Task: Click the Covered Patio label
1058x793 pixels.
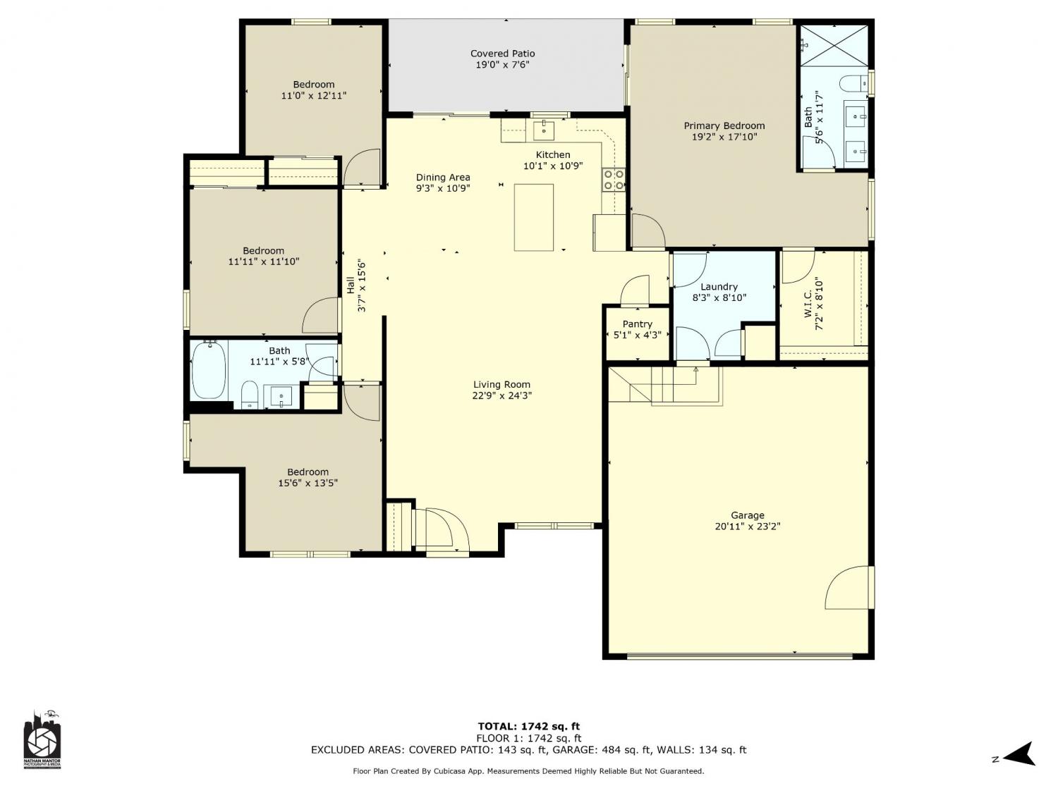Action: click(x=502, y=54)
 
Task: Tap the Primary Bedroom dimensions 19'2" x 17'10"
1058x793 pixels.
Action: click(x=724, y=137)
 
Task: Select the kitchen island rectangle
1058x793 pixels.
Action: click(x=533, y=217)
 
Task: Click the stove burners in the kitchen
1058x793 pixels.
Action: click(x=613, y=180)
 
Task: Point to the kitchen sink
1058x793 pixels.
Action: click(x=544, y=130)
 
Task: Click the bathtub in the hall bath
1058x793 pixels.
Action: click(x=209, y=370)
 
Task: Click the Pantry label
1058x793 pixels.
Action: click(x=637, y=324)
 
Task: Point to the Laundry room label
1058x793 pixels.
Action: click(x=719, y=287)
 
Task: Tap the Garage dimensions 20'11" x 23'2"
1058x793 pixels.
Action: click(x=747, y=527)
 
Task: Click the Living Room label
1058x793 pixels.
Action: click(x=501, y=384)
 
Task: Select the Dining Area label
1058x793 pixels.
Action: click(x=442, y=178)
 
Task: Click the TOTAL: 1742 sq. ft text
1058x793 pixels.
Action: click(x=529, y=726)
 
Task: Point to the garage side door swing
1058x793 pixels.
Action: click(x=849, y=587)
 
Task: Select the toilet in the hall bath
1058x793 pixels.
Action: click(x=250, y=395)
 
